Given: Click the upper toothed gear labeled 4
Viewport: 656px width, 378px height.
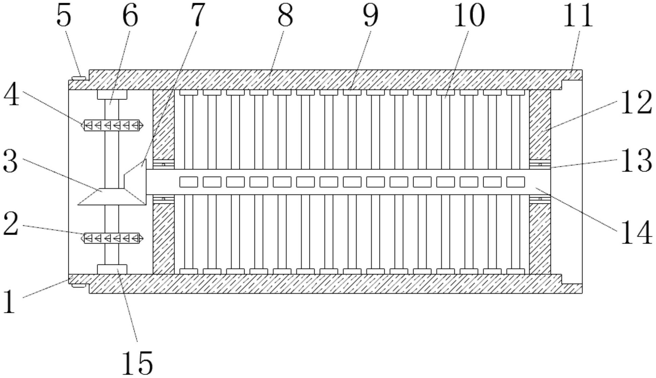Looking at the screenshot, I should pos(112,126).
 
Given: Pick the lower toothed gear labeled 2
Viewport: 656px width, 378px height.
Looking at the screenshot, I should pos(112,238).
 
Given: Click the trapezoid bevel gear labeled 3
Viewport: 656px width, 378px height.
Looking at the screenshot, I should pos(112,197).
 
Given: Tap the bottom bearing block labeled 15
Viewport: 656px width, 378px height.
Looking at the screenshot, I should pos(112,269).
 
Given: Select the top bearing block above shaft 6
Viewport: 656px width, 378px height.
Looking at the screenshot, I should pos(112,94).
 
